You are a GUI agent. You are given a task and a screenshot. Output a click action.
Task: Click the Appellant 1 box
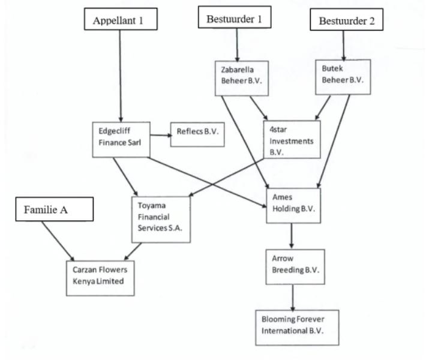tap(121, 20)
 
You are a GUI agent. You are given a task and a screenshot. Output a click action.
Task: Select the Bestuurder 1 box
tap(234, 18)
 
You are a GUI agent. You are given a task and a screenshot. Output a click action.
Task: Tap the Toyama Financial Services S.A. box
tap(161, 220)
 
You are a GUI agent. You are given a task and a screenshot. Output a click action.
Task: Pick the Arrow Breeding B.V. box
tap(292, 265)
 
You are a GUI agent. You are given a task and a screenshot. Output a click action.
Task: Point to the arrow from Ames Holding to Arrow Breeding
tap(291, 236)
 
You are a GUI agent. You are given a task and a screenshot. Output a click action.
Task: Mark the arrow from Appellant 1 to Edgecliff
tap(121, 75)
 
